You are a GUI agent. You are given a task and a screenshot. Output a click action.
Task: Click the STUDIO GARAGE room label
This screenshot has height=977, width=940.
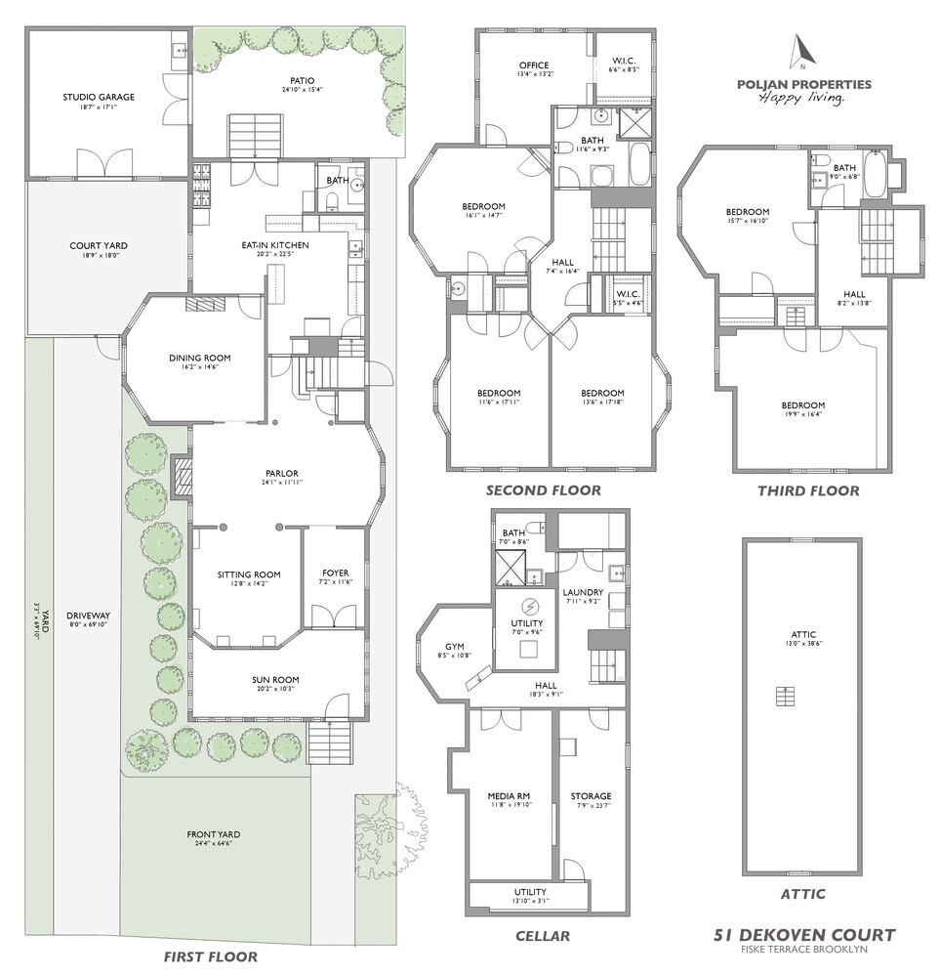99,97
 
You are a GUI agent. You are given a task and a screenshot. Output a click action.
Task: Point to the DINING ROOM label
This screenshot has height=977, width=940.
199,358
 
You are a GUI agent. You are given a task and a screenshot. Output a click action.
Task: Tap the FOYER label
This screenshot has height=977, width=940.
335,573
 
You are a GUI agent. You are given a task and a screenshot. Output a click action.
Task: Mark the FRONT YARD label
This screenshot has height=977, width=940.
214,834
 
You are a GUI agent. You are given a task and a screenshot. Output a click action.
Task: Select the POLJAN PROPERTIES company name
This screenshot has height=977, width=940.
803,84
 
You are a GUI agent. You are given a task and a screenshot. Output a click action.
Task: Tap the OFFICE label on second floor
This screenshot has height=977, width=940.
536,64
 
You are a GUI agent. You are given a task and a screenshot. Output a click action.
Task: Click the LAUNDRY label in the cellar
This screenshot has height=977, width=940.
584,592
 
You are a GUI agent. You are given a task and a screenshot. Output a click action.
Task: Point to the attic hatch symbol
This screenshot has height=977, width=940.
782,696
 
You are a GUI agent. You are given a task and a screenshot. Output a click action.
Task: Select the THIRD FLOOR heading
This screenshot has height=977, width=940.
808,490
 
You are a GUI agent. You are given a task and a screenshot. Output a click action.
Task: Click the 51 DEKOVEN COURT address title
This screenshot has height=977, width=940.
803,934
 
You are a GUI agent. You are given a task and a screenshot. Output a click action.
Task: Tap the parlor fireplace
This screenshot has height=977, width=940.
181,478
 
